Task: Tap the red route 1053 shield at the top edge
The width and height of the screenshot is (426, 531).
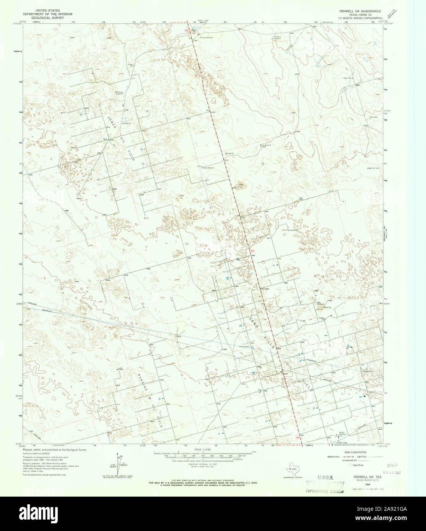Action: pyautogui.click(x=187, y=30)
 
